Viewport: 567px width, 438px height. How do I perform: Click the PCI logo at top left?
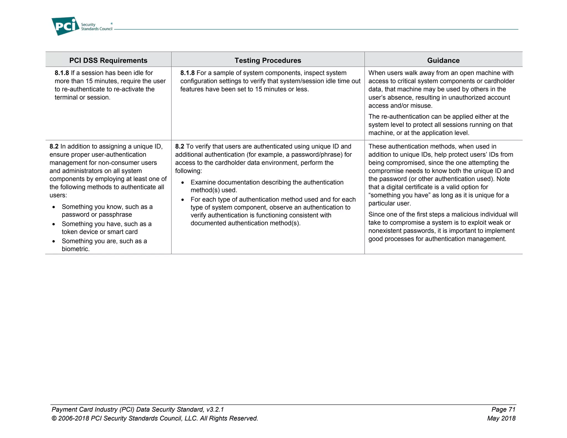(65, 26)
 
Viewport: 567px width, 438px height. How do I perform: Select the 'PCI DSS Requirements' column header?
(108, 60)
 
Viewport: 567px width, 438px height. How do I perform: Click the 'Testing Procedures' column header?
(268, 60)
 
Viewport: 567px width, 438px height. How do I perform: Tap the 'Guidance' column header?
(443, 60)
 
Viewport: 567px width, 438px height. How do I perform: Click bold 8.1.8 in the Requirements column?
(62, 73)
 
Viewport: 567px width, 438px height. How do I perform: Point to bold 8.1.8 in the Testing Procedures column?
(187, 73)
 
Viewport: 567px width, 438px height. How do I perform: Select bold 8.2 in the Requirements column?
(54, 146)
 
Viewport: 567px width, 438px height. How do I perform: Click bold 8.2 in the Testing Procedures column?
(180, 146)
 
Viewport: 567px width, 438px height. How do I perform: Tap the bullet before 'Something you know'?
(54, 207)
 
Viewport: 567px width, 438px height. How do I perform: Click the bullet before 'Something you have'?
(54, 224)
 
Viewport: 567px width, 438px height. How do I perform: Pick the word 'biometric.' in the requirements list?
(76, 249)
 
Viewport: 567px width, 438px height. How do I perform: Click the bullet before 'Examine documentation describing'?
(182, 183)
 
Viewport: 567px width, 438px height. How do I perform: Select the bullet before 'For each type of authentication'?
(182, 200)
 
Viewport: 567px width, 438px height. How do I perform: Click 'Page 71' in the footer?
(503, 409)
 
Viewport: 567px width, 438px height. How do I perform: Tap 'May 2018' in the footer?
(501, 418)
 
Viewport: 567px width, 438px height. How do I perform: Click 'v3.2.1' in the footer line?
(215, 409)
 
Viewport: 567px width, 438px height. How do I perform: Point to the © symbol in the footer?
(54, 418)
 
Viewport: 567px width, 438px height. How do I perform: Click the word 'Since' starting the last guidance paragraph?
(377, 215)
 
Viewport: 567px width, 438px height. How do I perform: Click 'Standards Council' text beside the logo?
(97, 29)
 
